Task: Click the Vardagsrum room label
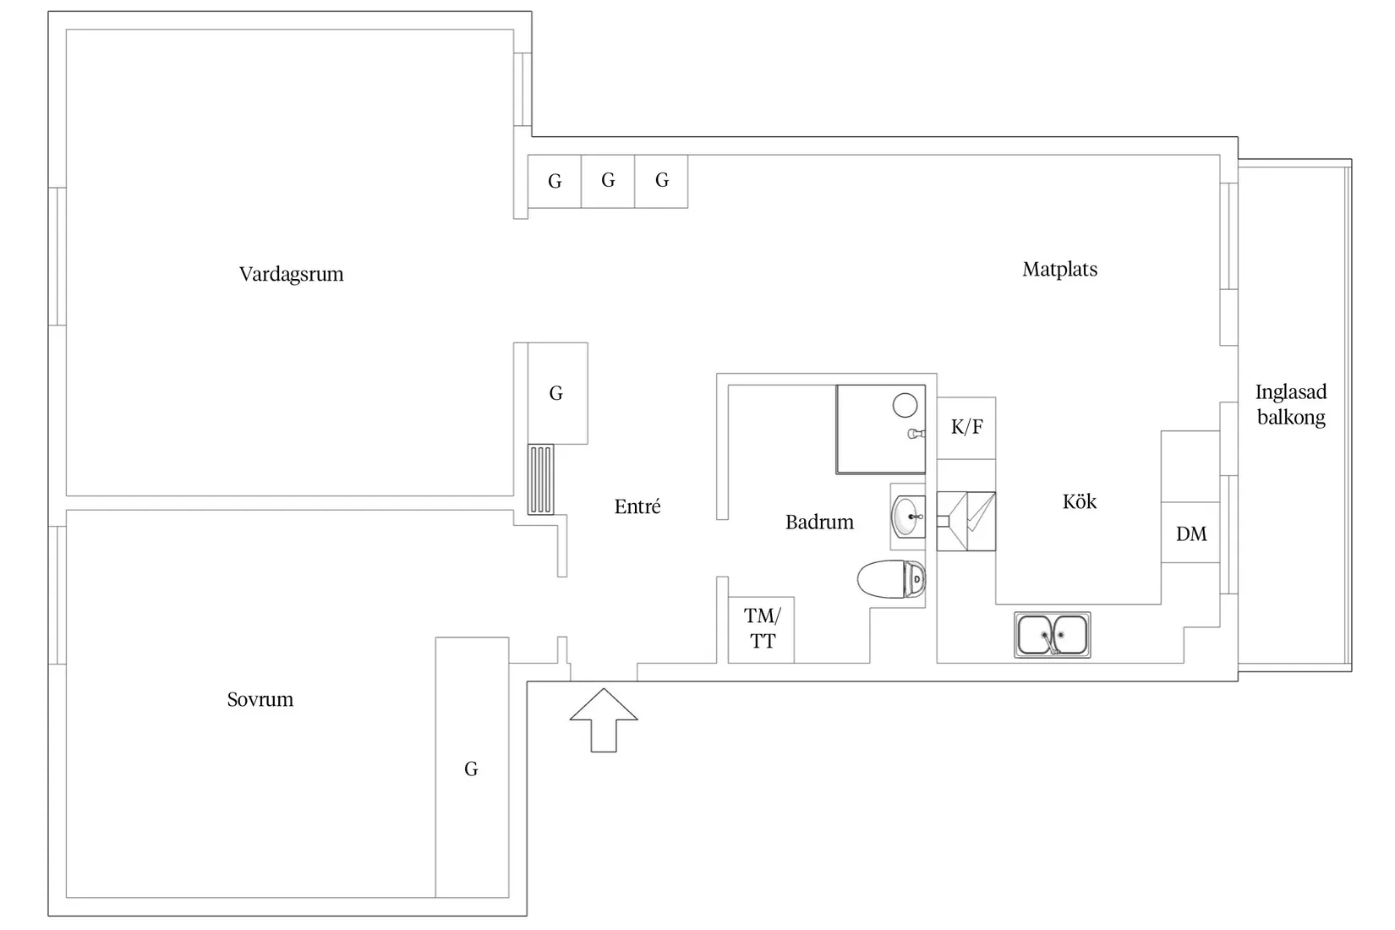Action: pos(291,274)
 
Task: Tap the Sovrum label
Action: pos(260,699)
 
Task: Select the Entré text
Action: pos(637,506)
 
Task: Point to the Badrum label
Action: pos(818,522)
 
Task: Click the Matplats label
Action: pos(1059,269)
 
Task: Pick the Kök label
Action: pos(1079,501)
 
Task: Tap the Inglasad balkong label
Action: pos(1290,404)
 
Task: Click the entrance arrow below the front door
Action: pos(603,719)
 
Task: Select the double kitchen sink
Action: pos(1052,635)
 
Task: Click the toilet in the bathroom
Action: pos(891,579)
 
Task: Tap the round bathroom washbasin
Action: pos(907,516)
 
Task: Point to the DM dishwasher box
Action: pos(1190,533)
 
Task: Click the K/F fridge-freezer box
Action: pos(966,427)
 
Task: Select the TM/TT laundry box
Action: pos(761,628)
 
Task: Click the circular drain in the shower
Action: pos(905,405)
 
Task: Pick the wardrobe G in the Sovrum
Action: pos(472,768)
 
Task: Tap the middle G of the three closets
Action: pos(608,180)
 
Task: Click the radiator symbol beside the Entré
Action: pos(540,479)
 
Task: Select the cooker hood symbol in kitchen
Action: pos(966,521)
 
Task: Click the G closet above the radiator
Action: pos(556,393)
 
